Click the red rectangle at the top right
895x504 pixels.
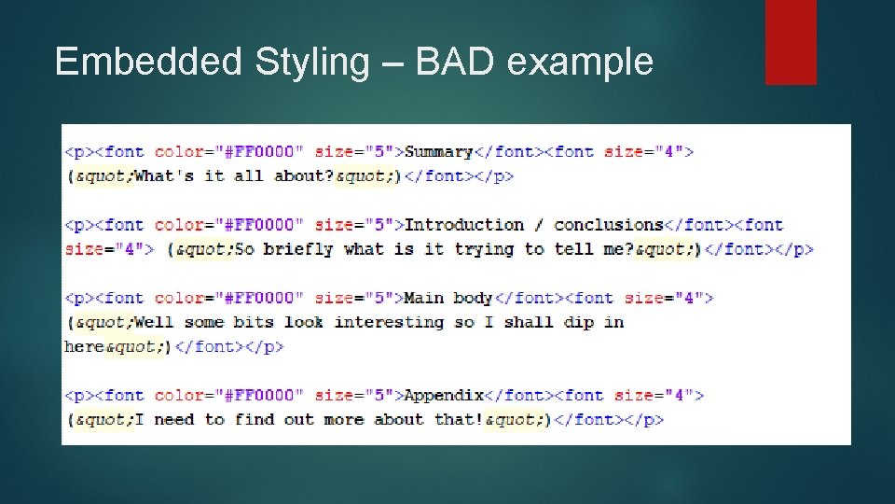(x=791, y=41)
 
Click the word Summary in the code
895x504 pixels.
(x=439, y=151)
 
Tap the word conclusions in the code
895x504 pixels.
(x=608, y=225)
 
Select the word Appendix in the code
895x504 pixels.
(x=444, y=396)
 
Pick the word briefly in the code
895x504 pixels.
(x=298, y=249)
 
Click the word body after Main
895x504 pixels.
(x=473, y=299)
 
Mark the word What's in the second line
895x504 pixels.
(x=164, y=175)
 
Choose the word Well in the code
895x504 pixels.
(x=154, y=322)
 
